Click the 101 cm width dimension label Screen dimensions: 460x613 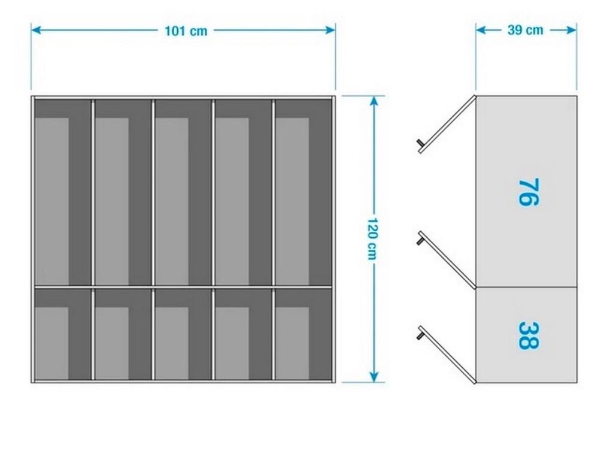[x=186, y=31]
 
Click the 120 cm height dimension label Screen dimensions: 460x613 [x=374, y=238]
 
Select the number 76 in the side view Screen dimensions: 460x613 [x=528, y=192]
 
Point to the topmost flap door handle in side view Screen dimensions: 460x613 [x=420, y=143]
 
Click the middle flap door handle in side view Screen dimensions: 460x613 [x=420, y=240]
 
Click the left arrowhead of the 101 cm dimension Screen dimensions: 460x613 [x=35, y=30]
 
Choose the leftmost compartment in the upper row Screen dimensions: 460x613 [x=62, y=192]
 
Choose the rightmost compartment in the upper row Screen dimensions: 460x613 [x=303, y=192]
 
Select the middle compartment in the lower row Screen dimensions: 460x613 [x=183, y=334]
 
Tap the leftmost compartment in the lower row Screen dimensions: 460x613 [x=62, y=334]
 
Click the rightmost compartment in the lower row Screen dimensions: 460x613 [x=303, y=334]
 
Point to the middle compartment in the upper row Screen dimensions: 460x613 [x=183, y=192]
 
